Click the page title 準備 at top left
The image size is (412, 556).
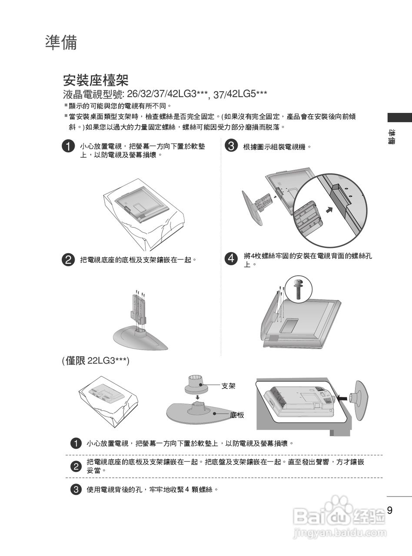click(61, 42)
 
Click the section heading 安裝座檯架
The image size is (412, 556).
click(96, 80)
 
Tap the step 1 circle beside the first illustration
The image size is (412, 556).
click(68, 146)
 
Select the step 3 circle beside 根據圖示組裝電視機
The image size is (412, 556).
click(231, 146)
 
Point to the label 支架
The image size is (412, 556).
click(228, 386)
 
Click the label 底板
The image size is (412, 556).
click(237, 415)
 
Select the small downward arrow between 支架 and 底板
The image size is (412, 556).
click(198, 397)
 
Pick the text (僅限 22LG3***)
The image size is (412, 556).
click(96, 361)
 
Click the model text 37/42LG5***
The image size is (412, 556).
click(240, 94)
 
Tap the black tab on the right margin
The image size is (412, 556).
click(400, 118)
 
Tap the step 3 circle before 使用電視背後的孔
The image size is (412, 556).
click(76, 489)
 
